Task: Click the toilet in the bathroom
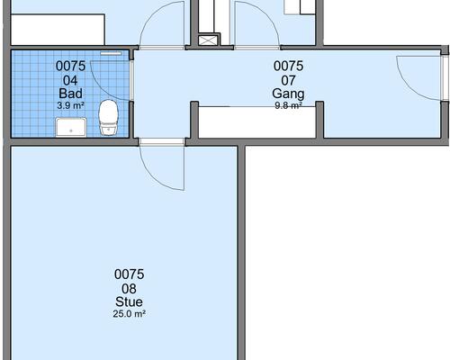[x=108, y=118]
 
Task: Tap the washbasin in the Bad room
[x=71, y=127]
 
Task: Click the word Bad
[x=70, y=94]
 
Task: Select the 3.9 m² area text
[x=70, y=105]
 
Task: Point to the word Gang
[x=288, y=94]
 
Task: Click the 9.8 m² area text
[x=288, y=105]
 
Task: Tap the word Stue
[x=129, y=301]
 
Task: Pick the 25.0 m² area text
[x=130, y=314]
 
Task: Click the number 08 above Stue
[x=129, y=289]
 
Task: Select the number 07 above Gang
[x=288, y=80]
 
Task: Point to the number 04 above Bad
[x=70, y=80]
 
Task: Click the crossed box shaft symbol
[x=207, y=40]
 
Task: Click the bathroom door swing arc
[x=102, y=87]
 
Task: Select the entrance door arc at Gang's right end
[x=409, y=88]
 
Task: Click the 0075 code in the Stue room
[x=130, y=274]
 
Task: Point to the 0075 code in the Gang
[x=288, y=66]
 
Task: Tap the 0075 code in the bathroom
[x=70, y=66]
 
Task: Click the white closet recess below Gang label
[x=257, y=122]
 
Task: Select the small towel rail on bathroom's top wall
[x=111, y=54]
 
